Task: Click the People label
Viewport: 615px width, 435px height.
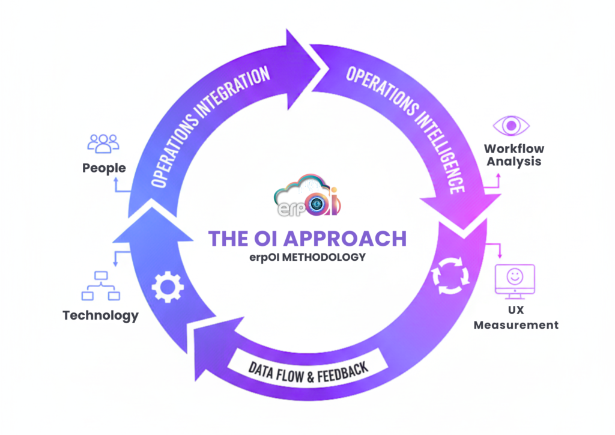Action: click(104, 168)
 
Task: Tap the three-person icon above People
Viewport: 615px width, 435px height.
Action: click(103, 143)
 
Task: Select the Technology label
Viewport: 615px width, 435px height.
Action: click(100, 315)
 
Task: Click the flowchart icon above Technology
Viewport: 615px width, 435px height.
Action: click(101, 286)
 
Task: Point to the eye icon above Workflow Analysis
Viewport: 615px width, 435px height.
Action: click(511, 126)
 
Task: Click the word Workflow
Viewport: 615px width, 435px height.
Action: click(514, 148)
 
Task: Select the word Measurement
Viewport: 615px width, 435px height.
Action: click(516, 325)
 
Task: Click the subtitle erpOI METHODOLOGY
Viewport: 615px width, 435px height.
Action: click(307, 257)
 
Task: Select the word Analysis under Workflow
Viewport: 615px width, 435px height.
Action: click(514, 161)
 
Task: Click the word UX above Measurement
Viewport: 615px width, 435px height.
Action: click(516, 312)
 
